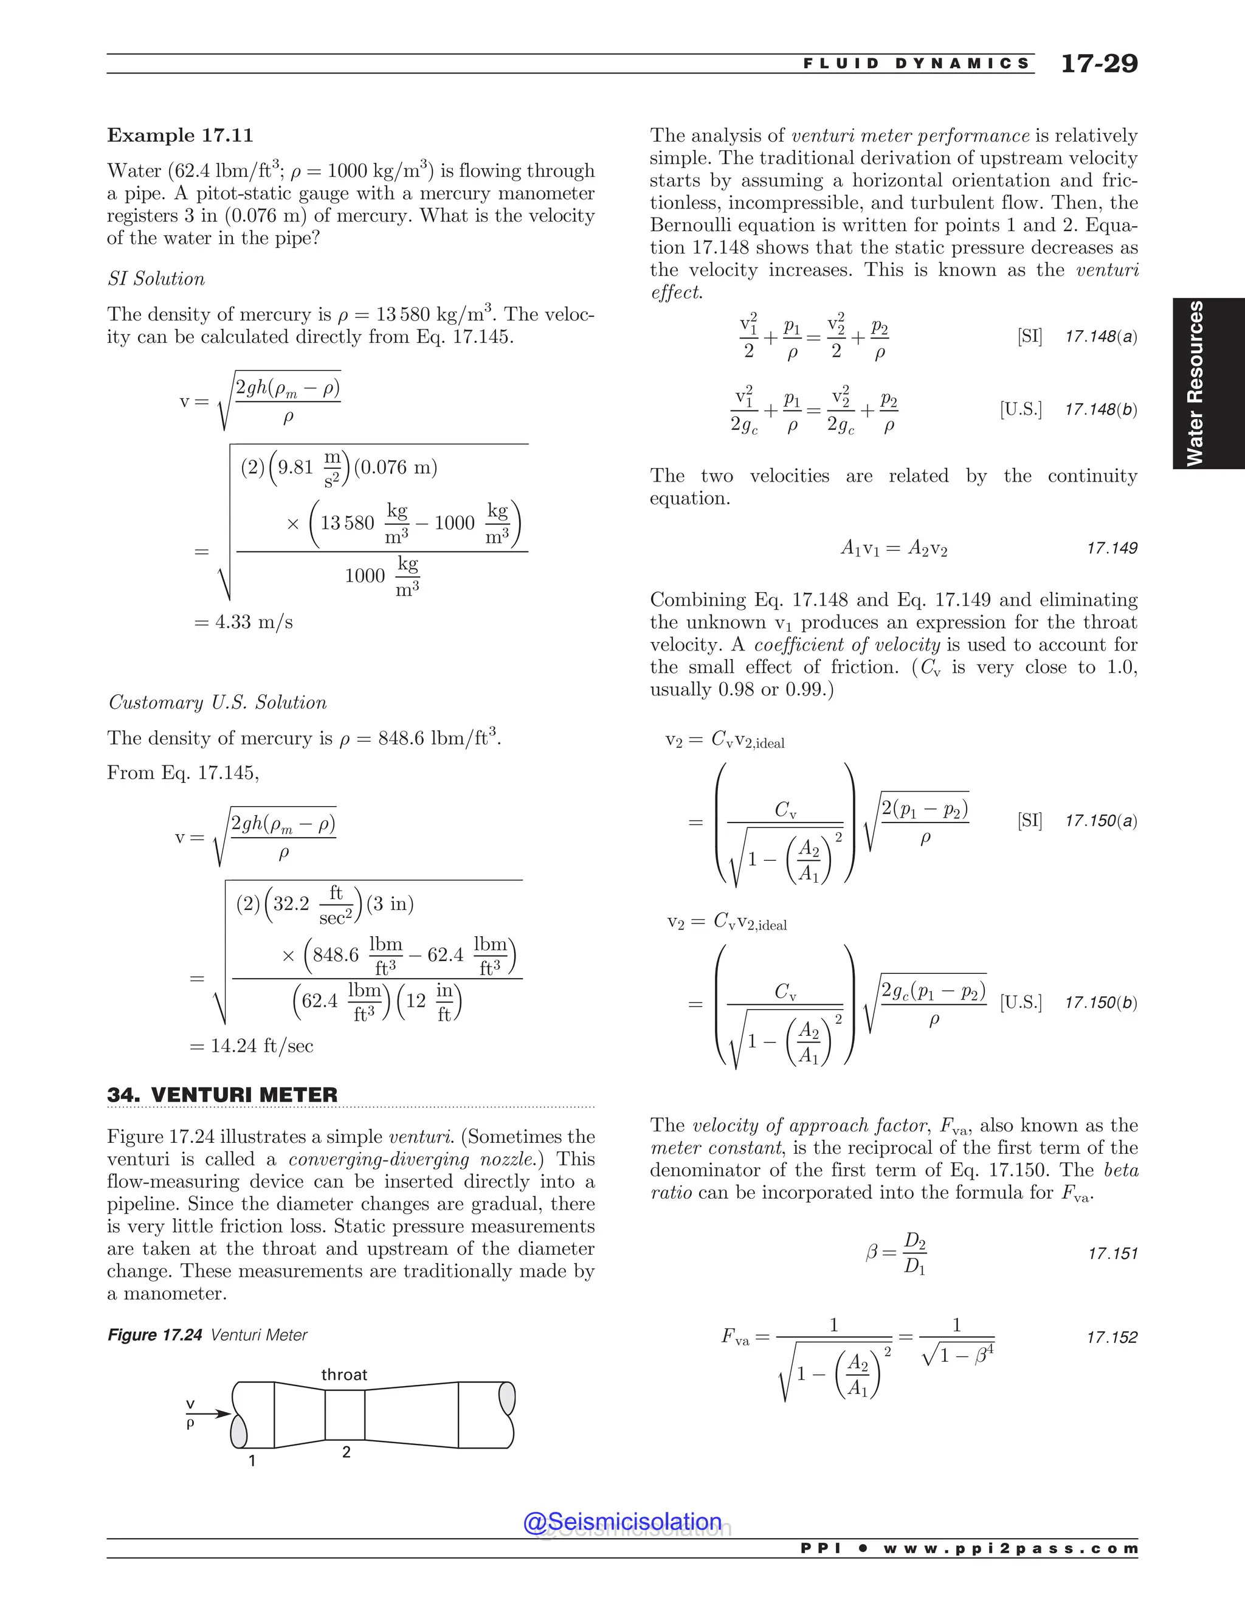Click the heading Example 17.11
(180, 136)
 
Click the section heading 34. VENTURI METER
(222, 1095)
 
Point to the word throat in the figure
(343, 1375)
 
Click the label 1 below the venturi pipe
(252, 1460)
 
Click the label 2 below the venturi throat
(346, 1452)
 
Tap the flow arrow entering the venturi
(213, 1414)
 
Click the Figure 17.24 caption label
(155, 1335)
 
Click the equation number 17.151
(1112, 1254)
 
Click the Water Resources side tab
(1195, 384)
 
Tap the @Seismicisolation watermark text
(622, 1522)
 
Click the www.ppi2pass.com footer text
(1010, 1548)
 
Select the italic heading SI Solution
(156, 279)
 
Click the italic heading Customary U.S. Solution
(218, 702)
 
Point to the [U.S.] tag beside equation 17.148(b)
(1021, 409)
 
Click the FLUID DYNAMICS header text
(917, 63)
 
